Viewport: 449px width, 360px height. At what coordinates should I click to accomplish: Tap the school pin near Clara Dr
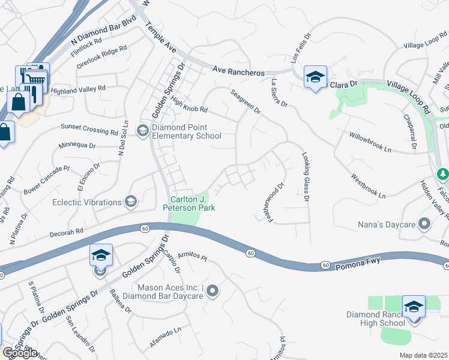[x=315, y=78]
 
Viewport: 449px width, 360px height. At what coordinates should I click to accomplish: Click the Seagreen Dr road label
[x=246, y=101]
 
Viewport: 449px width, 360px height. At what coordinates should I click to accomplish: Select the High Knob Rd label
[x=188, y=106]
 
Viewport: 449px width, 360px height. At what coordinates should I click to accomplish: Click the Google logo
[x=20, y=353]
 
